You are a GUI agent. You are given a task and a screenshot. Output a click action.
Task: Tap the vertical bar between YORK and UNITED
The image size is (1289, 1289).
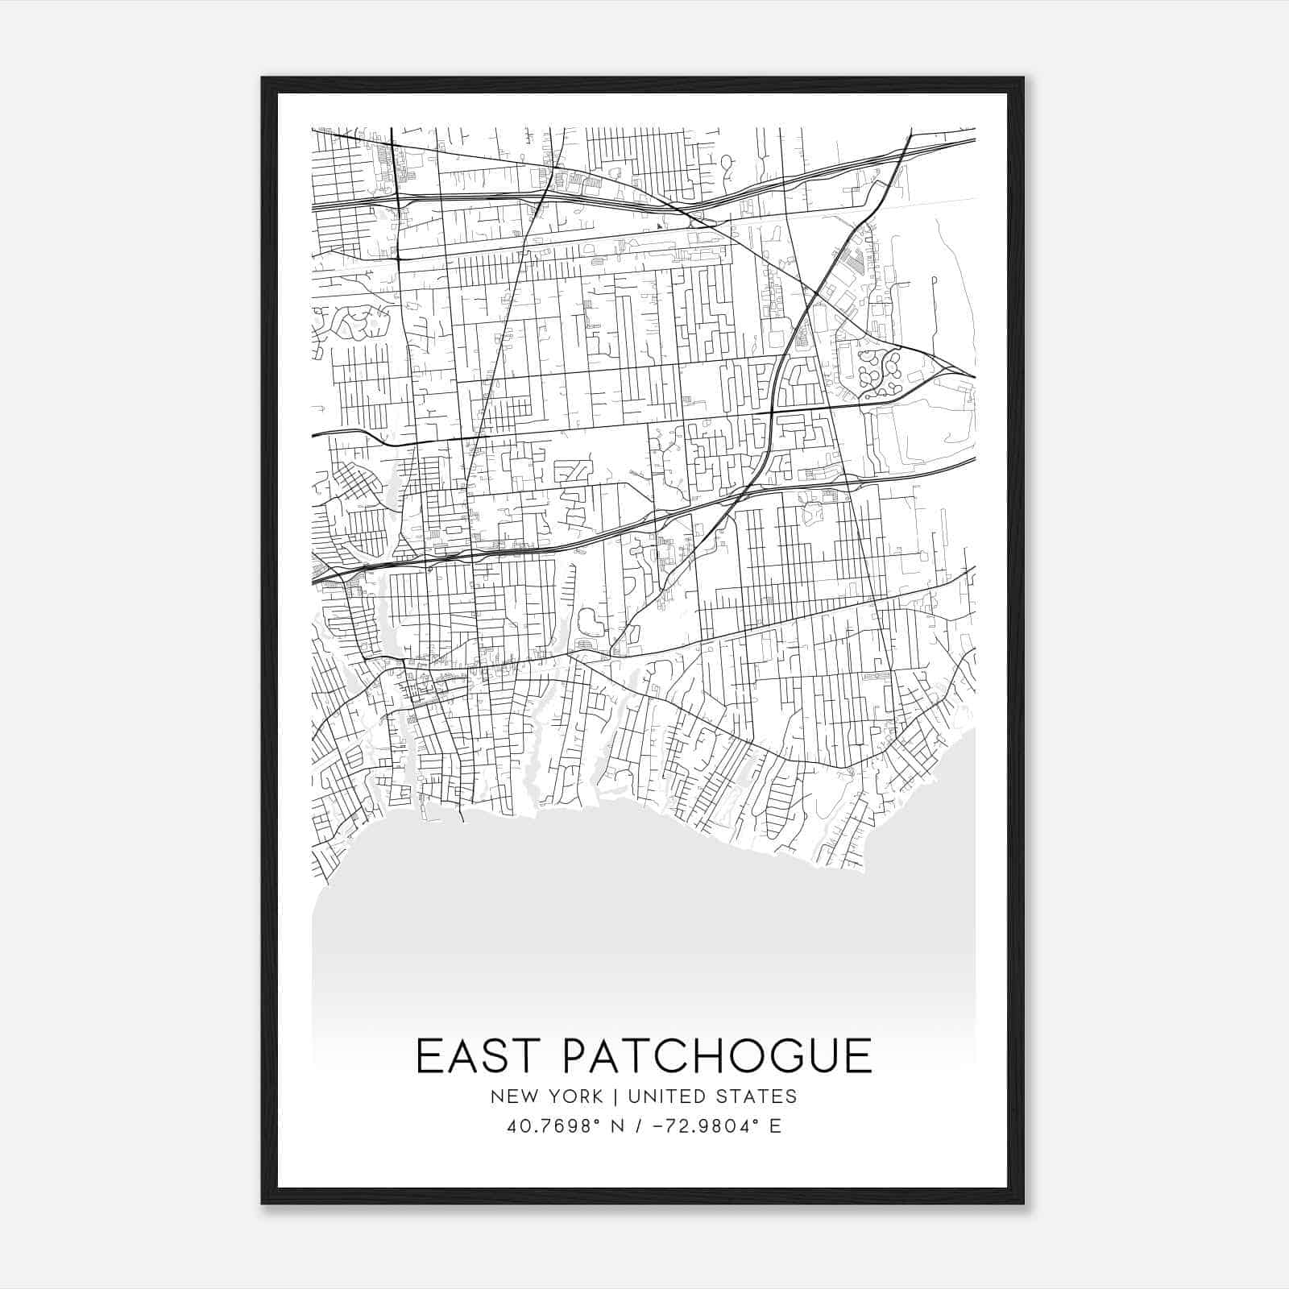(615, 1096)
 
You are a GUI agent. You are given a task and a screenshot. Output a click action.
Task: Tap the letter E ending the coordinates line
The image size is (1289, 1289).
(775, 1126)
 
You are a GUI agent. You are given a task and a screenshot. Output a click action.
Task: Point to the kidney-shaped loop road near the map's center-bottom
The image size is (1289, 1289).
(589, 622)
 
